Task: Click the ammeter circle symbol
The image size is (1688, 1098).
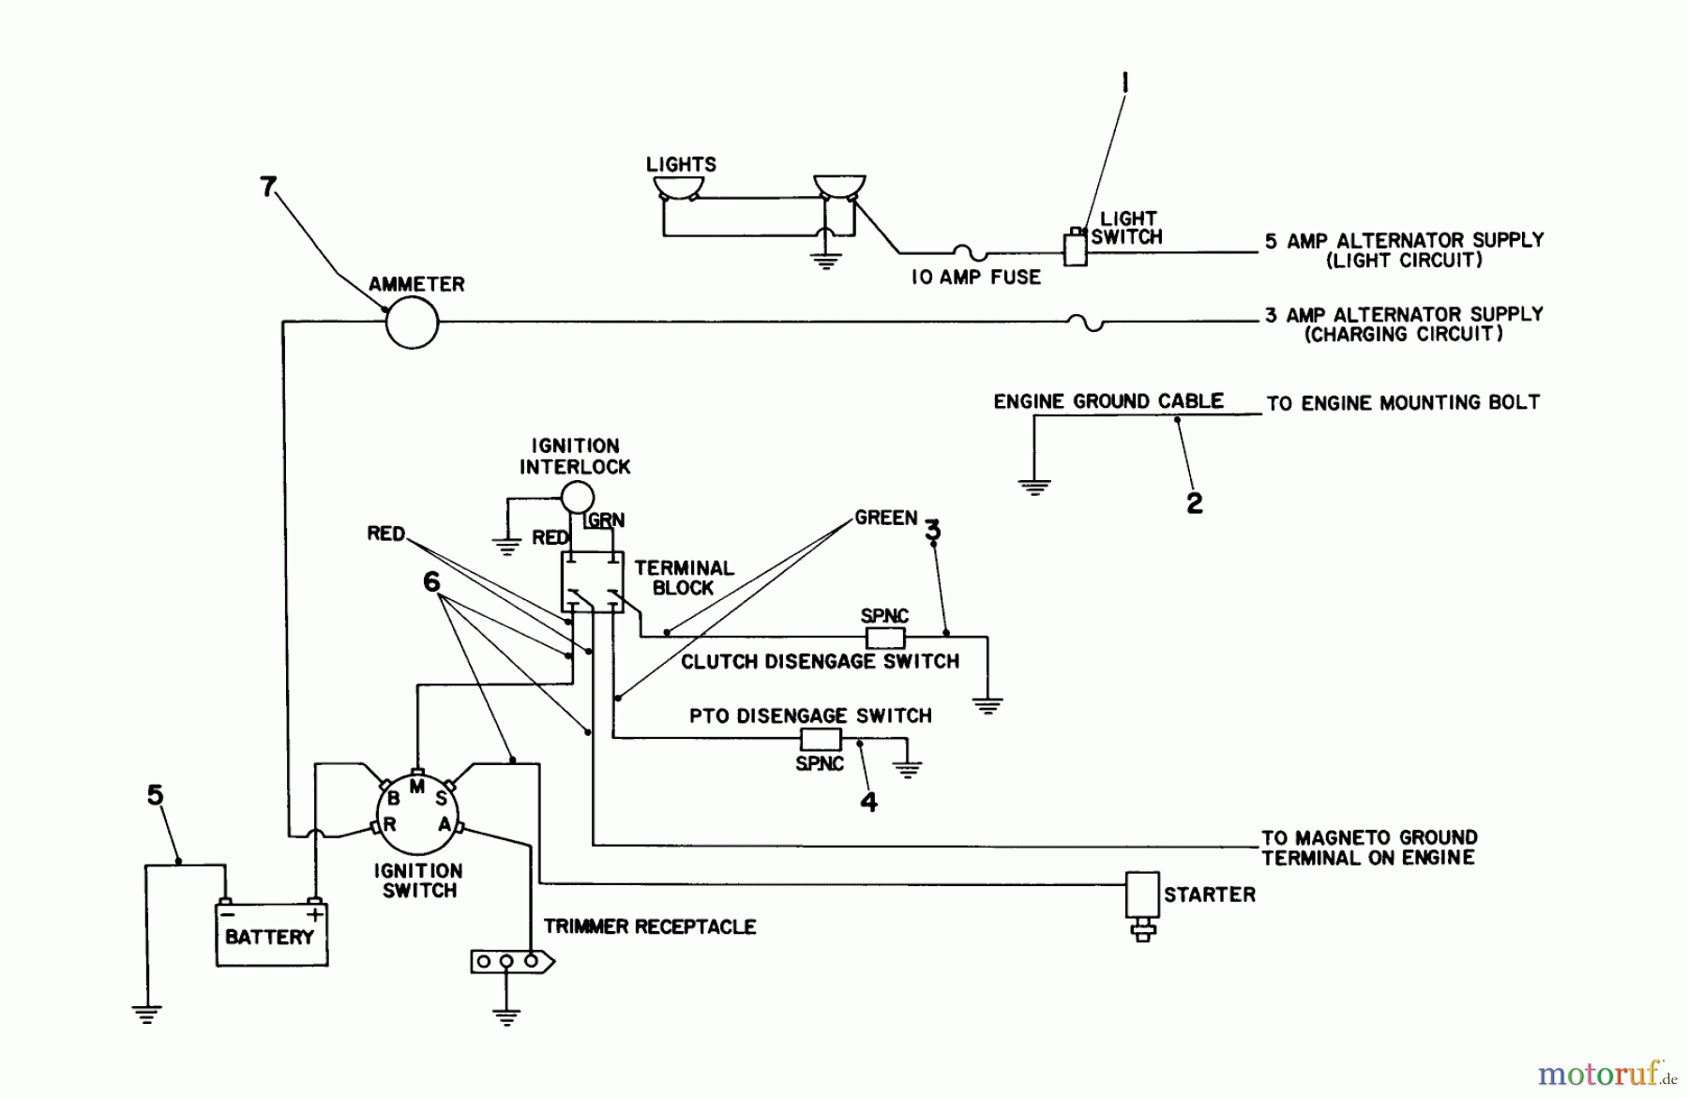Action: point(412,322)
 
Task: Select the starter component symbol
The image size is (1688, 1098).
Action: point(1142,897)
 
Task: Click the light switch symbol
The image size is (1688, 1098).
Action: point(1075,248)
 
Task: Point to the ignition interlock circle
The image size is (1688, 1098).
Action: point(577,497)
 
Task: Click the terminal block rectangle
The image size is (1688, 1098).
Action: point(591,581)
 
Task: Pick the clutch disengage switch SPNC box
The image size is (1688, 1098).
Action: point(884,638)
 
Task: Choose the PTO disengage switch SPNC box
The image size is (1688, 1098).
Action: point(820,739)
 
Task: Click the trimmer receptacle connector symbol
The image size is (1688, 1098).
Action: point(511,962)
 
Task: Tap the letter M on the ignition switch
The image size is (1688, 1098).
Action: point(417,787)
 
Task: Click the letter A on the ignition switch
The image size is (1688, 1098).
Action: point(445,824)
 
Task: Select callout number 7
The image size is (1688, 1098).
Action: point(268,188)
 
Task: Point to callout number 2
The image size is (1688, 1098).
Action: point(1194,504)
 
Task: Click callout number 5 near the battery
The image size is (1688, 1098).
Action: point(156,796)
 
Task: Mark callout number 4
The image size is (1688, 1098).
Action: point(869,802)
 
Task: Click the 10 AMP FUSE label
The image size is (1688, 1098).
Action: point(975,278)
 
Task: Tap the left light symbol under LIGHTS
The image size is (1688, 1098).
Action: point(679,187)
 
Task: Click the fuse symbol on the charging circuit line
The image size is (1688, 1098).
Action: point(1086,323)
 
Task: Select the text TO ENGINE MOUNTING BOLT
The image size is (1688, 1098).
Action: point(1402,403)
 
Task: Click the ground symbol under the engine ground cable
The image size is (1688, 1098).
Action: point(1034,488)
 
